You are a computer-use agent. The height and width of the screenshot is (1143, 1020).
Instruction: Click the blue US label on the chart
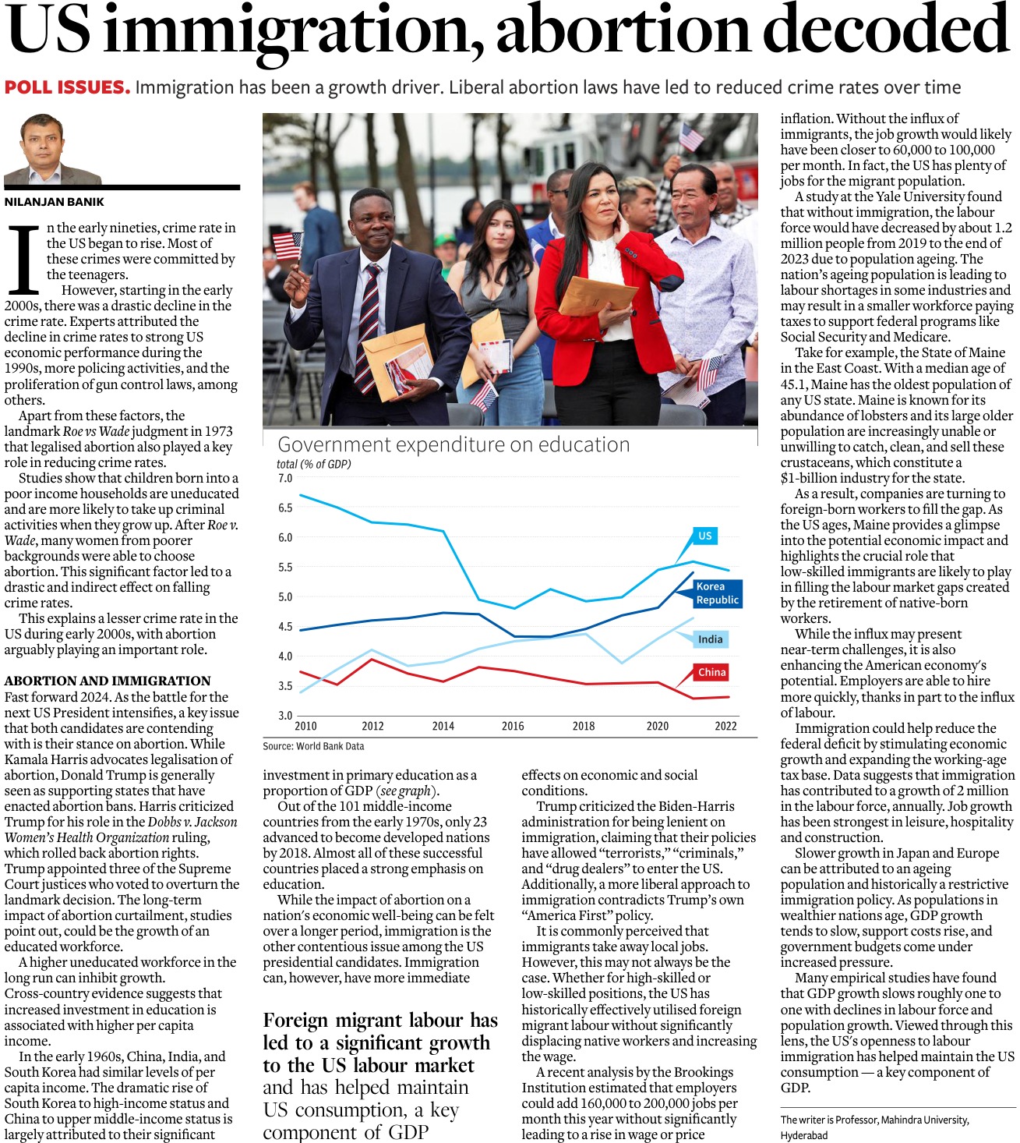tap(704, 536)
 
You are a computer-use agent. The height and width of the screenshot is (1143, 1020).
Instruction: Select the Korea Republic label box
tap(717, 593)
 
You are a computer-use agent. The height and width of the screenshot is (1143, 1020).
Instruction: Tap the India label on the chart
tap(710, 639)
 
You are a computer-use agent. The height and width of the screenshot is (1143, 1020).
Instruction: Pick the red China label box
tap(711, 672)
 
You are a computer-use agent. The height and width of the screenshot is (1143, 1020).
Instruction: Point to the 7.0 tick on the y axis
tap(285, 478)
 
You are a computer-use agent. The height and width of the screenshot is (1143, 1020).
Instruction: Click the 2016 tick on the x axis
tap(513, 726)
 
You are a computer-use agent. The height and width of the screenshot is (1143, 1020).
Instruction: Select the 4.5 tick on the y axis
tap(285, 626)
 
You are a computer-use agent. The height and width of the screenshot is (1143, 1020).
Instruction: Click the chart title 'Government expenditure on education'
tap(454, 444)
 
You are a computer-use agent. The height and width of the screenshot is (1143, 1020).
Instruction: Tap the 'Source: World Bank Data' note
tap(313, 746)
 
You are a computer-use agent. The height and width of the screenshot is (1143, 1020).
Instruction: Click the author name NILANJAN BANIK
tap(55, 202)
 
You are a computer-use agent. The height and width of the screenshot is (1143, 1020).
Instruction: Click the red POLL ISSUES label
tap(67, 87)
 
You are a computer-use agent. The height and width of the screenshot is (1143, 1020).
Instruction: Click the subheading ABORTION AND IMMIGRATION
tap(108, 681)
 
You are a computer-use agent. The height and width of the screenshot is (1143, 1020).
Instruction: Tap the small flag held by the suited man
tap(288, 246)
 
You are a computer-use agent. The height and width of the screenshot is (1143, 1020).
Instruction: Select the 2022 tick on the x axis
tap(725, 726)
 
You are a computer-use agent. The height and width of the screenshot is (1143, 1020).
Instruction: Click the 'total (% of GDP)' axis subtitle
tap(313, 464)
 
